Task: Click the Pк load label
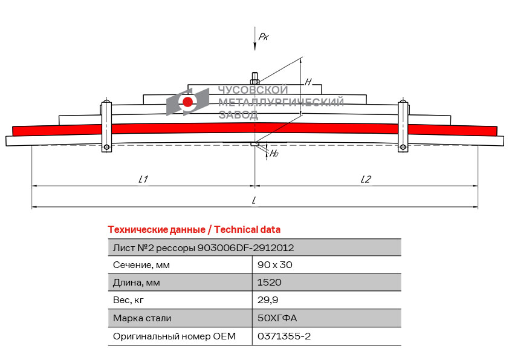pyautogui.click(x=264, y=37)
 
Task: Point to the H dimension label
pyautogui.click(x=308, y=82)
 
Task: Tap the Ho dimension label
pyautogui.click(x=274, y=154)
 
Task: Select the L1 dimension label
pyautogui.click(x=143, y=179)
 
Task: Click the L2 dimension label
pyautogui.click(x=365, y=179)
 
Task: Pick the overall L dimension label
pyautogui.click(x=254, y=200)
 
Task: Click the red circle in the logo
pyautogui.click(x=188, y=102)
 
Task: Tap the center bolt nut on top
pyautogui.click(x=254, y=80)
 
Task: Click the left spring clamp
pyautogui.click(x=106, y=126)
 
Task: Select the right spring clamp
pyautogui.click(x=403, y=126)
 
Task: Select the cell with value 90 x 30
pyautogui.click(x=275, y=265)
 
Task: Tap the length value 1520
pyautogui.click(x=270, y=283)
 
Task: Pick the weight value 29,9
pyautogui.click(x=268, y=300)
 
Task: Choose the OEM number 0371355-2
pyautogui.click(x=284, y=336)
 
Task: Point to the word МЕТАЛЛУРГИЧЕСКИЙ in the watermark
pyautogui.click(x=281, y=102)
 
